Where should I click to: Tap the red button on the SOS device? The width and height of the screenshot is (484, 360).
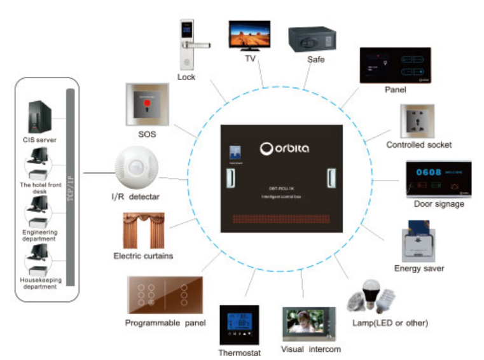pos(147,102)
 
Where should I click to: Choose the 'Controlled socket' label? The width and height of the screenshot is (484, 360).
pos(418,145)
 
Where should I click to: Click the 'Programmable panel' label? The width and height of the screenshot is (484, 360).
pos(165,323)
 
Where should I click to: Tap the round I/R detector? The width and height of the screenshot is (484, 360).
pos(136,167)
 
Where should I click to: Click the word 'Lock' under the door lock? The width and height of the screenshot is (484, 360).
pos(186,78)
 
